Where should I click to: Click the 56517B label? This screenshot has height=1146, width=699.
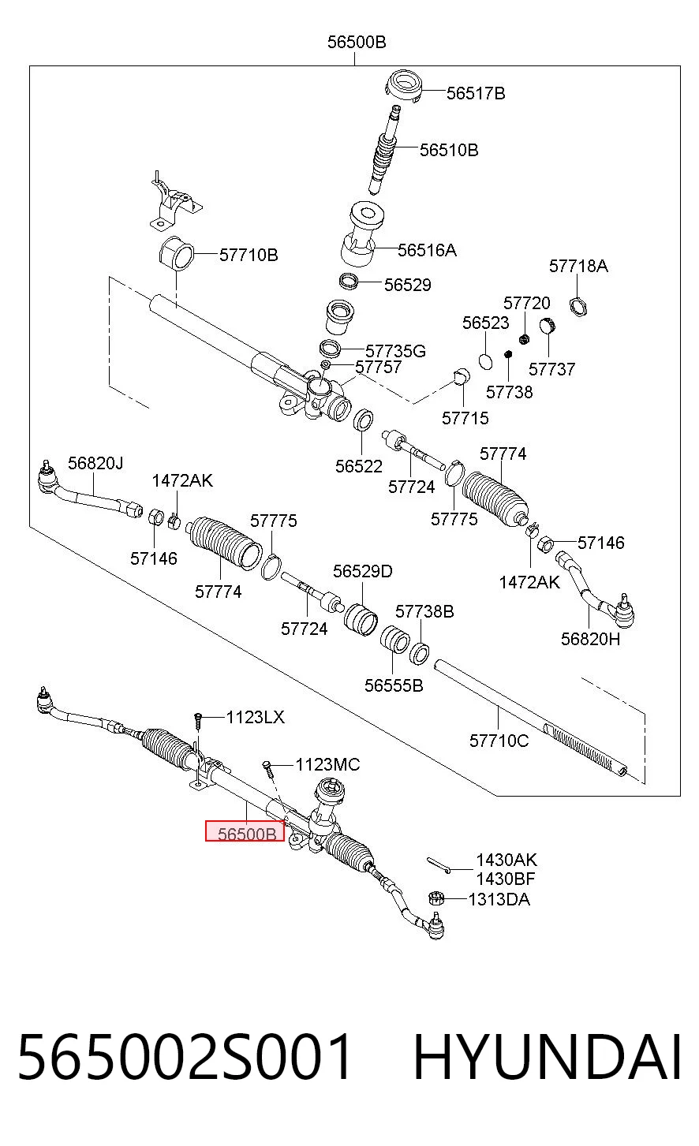point(476,94)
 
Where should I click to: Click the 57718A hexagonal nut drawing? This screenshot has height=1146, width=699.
point(578,307)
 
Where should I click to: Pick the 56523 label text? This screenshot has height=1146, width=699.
point(486,323)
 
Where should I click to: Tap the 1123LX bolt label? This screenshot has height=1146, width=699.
point(256,717)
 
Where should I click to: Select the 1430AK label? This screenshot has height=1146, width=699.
point(506,860)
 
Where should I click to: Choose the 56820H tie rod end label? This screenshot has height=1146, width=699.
point(590,639)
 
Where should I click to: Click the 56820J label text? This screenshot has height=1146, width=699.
point(95,463)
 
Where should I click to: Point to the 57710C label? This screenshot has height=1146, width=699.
point(499,741)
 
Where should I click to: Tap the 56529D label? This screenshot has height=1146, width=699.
point(363,571)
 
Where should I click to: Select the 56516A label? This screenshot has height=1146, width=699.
point(428,250)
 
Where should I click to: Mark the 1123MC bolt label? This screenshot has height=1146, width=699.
point(328,764)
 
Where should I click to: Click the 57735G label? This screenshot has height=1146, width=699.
point(395,351)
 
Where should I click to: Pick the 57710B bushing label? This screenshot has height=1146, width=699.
point(249,255)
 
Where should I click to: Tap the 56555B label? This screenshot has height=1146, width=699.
point(394,685)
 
